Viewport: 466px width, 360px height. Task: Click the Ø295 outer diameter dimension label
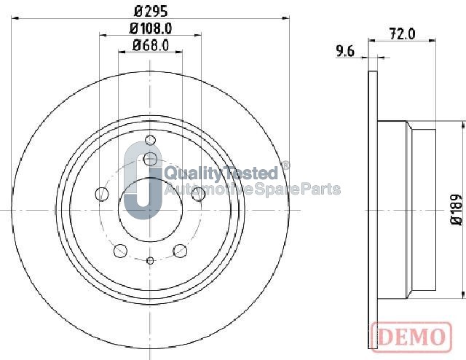151,12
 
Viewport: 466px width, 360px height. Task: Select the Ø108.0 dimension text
151,28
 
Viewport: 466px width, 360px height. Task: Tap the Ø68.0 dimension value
151,45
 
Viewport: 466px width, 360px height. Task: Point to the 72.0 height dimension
402,34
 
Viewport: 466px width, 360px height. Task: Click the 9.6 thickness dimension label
345,51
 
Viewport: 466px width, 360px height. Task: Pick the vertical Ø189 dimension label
457,209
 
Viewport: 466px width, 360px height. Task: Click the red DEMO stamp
411,337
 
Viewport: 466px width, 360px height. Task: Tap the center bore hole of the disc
150,210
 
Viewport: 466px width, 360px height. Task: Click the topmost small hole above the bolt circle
151,140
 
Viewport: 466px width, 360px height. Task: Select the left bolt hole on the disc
102,194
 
